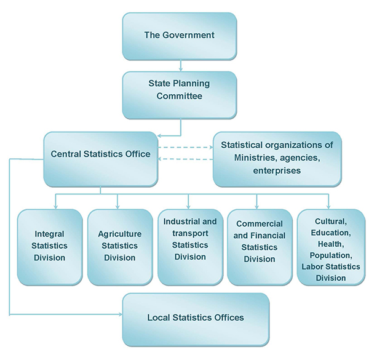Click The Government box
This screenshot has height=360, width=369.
point(179,35)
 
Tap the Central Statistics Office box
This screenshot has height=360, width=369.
point(100,158)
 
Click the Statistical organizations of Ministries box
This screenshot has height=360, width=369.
point(277,158)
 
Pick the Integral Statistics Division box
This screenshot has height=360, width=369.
point(50,246)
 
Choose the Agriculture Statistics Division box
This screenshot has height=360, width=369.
point(120,246)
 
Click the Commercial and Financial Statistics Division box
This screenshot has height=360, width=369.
point(259,246)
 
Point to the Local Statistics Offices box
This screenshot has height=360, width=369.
point(196,318)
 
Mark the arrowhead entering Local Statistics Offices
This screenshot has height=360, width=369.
point(118,315)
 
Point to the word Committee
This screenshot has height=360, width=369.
point(178,96)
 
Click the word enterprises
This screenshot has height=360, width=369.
point(277,170)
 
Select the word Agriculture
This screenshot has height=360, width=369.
point(120,234)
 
